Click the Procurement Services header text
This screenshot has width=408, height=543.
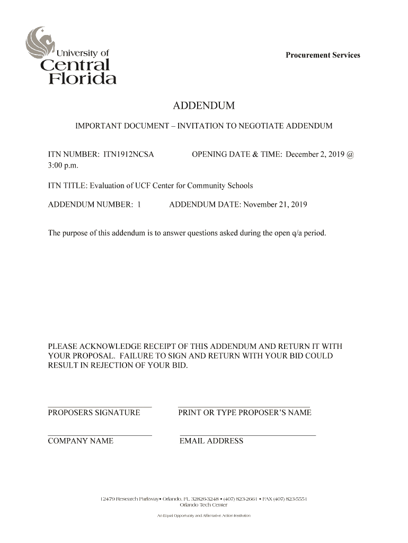323,55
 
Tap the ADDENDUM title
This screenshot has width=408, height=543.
203,106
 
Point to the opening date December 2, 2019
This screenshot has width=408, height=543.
315,154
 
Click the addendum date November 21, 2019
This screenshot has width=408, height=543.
275,204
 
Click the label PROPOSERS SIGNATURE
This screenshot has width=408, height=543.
94,413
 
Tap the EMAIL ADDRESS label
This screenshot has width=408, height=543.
211,441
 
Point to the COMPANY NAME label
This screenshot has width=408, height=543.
81,441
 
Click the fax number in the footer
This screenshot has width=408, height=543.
286,499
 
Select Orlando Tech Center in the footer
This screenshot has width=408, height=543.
203,505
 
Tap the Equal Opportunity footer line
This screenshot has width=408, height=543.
203,516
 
